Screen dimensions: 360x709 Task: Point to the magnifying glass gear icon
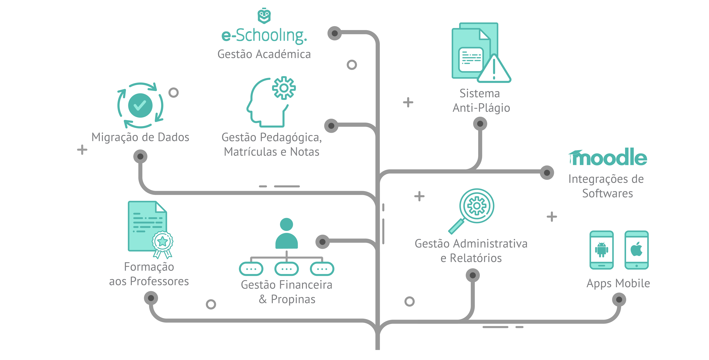pos(476,206)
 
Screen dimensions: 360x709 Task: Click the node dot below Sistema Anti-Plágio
pos(480,124)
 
